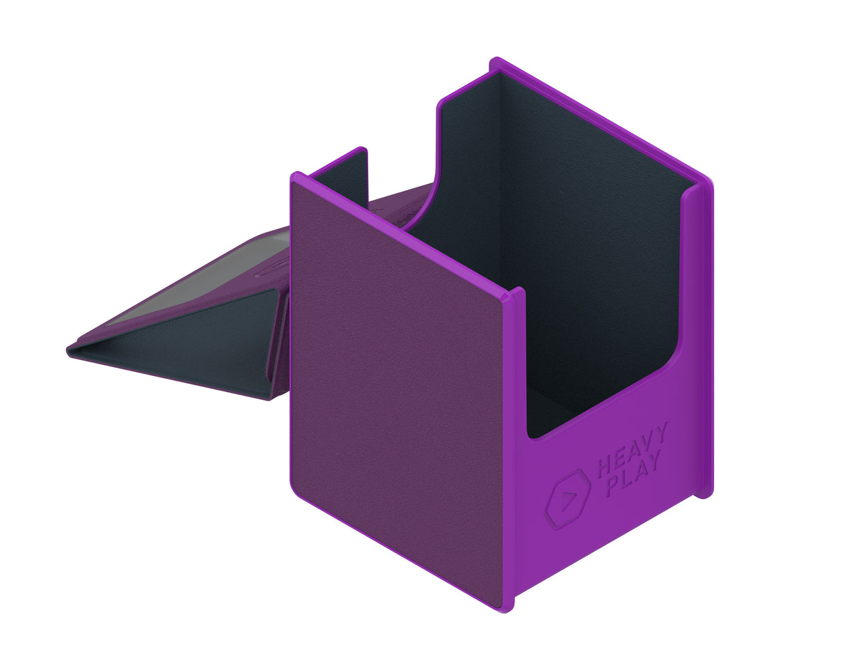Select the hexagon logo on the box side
568,498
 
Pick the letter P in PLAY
613,488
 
